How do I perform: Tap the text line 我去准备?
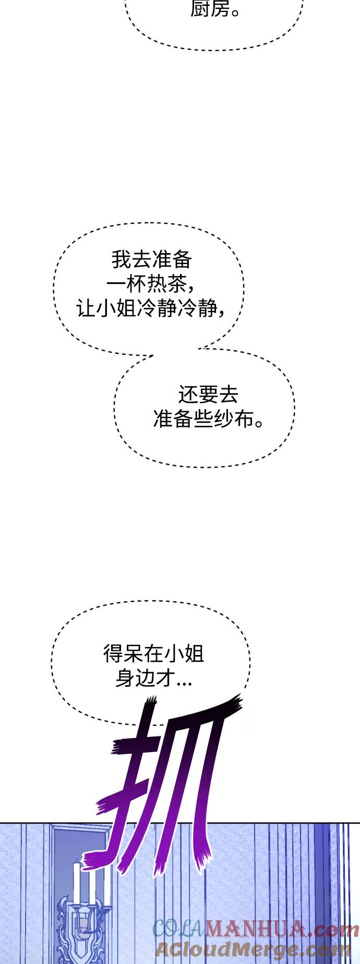click(x=152, y=259)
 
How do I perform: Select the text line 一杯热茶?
click(x=151, y=284)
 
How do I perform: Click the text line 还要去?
click(x=208, y=395)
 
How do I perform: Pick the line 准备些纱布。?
click(x=208, y=419)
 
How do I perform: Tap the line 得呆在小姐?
click(x=153, y=654)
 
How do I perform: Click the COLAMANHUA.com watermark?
click(x=256, y=930)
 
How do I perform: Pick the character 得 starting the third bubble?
click(x=113, y=654)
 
